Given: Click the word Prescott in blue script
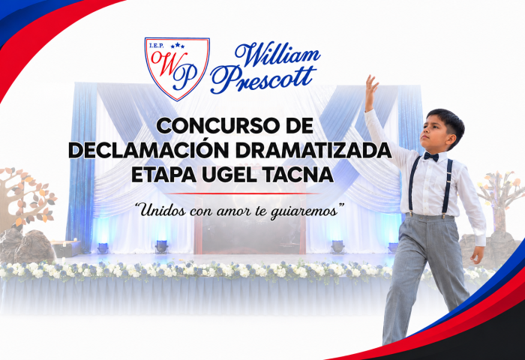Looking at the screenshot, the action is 263,79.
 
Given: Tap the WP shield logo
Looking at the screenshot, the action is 177,69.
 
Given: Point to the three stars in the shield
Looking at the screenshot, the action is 178,45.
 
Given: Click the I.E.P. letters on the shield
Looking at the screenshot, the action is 157,46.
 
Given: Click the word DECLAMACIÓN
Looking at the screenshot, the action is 148,150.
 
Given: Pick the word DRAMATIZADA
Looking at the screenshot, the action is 313,150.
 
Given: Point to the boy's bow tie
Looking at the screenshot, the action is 431,157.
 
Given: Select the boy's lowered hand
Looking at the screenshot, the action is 477,254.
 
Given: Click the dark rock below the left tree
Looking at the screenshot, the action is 34,246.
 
